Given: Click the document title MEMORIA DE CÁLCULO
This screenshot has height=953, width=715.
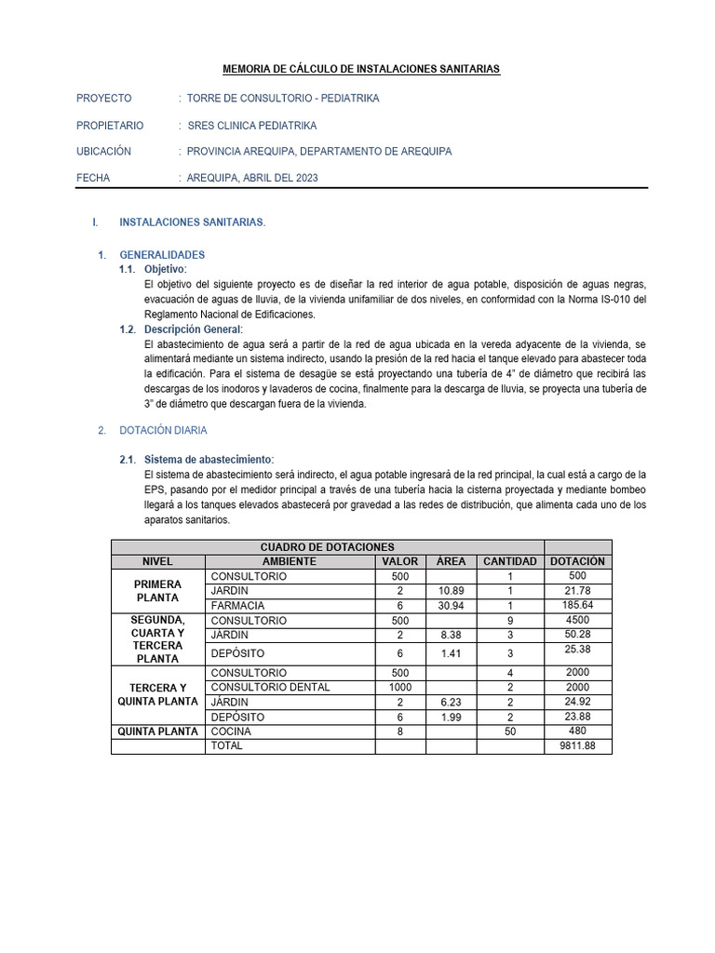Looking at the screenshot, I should (x=361, y=69).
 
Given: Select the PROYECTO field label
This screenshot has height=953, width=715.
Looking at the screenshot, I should (x=103, y=98).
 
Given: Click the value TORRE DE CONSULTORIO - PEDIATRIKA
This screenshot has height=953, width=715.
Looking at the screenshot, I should (x=283, y=98).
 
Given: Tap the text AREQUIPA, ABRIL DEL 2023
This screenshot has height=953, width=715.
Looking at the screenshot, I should (x=252, y=178).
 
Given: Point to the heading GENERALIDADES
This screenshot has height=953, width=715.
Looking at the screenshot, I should (x=162, y=254).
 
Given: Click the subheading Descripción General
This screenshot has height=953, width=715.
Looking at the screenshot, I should (x=194, y=329).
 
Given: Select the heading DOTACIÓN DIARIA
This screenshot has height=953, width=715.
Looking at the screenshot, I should (x=163, y=430).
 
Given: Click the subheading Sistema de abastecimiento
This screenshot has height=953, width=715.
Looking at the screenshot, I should (x=209, y=460).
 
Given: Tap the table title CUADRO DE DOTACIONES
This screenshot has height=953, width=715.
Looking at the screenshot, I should (x=327, y=547).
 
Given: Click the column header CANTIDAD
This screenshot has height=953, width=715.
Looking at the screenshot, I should (x=509, y=561).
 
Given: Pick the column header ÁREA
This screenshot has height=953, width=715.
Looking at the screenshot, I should (x=451, y=561).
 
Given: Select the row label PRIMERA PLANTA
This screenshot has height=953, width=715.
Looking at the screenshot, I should (x=157, y=590).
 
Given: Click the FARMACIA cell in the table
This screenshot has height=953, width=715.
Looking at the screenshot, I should (x=236, y=605).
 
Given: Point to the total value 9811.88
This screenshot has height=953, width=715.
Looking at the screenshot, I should (x=577, y=746).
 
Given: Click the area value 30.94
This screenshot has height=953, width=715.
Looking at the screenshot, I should (x=451, y=605).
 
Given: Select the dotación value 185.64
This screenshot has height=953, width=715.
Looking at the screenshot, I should (x=577, y=605).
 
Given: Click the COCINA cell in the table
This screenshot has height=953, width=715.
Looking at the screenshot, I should (x=230, y=732).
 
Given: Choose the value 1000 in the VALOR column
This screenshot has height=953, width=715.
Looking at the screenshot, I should (x=400, y=687).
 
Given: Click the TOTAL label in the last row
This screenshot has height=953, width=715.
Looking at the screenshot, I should (x=228, y=746).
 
